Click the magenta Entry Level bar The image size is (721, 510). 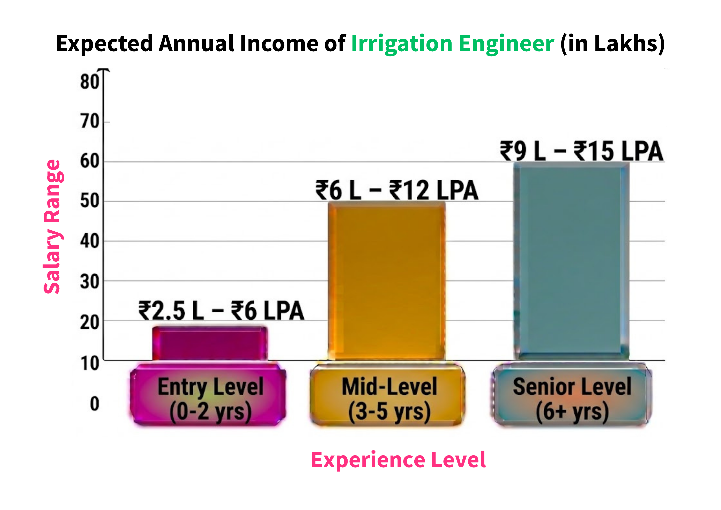point(210,343)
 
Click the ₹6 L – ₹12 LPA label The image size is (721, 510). point(397,190)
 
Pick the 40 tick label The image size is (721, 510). point(89,241)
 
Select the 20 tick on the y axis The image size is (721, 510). point(89,322)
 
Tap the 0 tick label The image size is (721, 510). point(94,404)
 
